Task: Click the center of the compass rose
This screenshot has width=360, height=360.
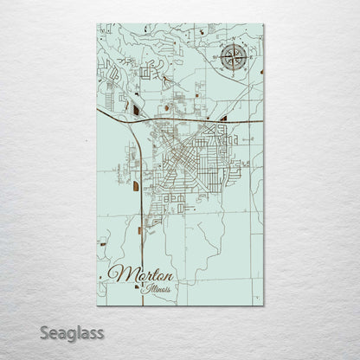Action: [x=232, y=58]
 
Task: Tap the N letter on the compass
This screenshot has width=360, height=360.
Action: [x=232, y=43]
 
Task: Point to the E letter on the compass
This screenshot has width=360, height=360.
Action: [x=247, y=58]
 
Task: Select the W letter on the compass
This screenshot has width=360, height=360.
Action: [x=217, y=58]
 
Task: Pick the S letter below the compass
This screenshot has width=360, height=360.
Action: [x=232, y=74]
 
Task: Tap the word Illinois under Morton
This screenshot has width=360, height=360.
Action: [x=158, y=288]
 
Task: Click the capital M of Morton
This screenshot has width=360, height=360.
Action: [x=119, y=273]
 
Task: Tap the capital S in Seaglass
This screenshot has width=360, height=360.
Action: [x=42, y=332]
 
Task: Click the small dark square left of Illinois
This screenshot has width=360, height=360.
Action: [x=140, y=290]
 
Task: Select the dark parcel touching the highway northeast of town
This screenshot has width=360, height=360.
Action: [x=223, y=118]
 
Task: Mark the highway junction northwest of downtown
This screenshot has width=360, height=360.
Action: [x=141, y=121]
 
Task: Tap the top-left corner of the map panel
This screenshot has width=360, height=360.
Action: [x=97, y=24]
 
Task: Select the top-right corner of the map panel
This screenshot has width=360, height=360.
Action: [x=264, y=24]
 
